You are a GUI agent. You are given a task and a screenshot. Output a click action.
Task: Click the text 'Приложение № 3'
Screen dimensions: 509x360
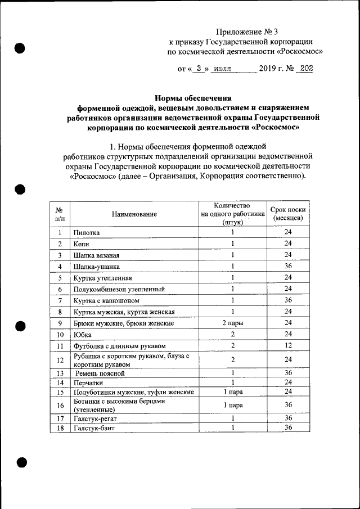pos(247,31)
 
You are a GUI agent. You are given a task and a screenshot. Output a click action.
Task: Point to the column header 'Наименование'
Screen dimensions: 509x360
pos(134,214)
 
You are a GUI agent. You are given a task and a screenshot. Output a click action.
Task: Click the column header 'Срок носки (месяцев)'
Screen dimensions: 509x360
pos(288,214)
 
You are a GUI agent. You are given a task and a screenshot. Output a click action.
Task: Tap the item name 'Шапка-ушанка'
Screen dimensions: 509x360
pos(96,266)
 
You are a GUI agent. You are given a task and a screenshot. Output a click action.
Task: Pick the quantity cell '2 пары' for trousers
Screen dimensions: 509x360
pos(232,323)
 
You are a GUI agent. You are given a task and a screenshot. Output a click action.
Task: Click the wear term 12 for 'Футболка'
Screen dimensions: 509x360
pos(288,345)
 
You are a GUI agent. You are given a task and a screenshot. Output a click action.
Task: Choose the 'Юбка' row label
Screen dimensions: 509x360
pos(82,334)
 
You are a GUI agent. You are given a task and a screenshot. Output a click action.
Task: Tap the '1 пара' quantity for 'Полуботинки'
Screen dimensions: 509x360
pos(232,391)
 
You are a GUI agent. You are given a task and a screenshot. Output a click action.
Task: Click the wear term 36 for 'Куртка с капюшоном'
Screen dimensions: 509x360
pos(288,300)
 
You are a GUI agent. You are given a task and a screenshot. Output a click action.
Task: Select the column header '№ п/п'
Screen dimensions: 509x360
pos(59,214)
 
